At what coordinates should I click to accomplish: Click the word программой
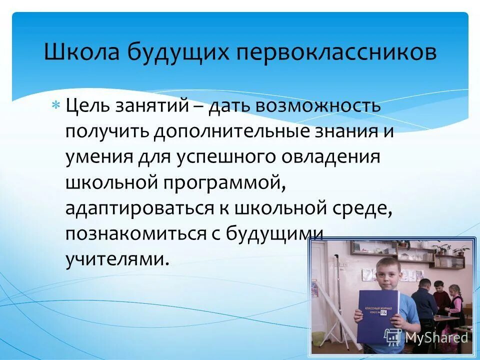[x=222, y=183]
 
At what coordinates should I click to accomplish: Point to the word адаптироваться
[x=138, y=209]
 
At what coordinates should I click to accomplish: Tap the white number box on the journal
[x=383, y=312]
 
